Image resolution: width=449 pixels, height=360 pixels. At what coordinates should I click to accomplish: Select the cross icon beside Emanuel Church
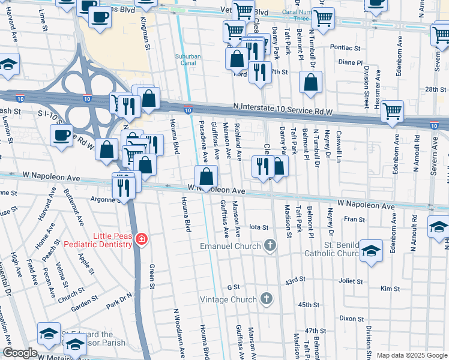pos(270,245)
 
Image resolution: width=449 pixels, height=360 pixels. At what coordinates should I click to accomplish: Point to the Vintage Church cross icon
pos(267,299)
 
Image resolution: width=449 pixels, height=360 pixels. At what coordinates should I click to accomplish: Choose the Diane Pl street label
pos(351,62)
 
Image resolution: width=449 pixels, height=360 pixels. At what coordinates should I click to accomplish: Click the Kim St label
pos(390,289)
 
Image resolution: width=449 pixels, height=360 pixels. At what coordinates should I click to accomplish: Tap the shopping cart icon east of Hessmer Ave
pos(392,110)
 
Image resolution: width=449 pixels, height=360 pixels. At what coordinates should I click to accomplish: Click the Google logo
pos(20,353)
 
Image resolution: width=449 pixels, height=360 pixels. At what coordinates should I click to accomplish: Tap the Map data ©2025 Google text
pos(411,355)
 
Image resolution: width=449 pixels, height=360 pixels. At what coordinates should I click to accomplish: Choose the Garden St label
pos(80,306)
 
